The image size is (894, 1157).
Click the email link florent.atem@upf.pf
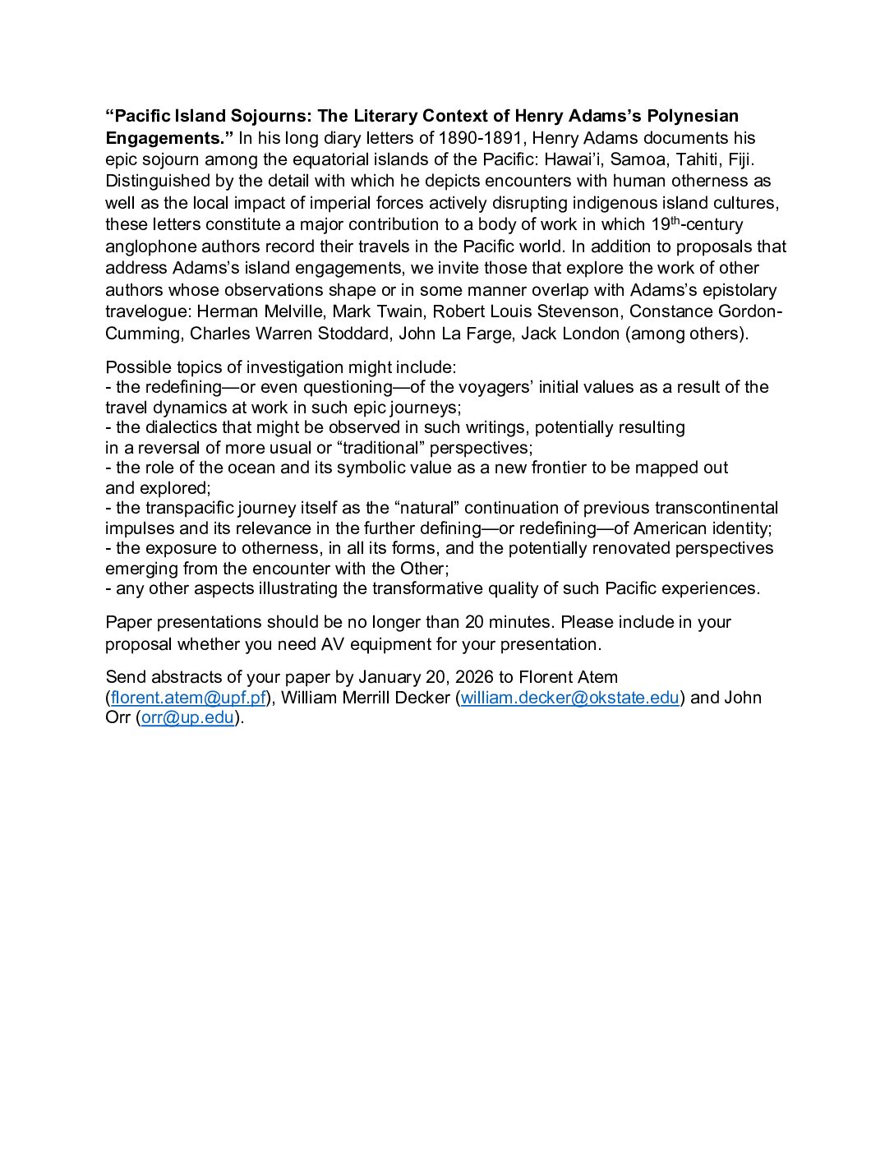click(188, 698)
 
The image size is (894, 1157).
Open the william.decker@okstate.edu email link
click(569, 698)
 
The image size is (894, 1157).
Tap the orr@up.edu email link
click(188, 717)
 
